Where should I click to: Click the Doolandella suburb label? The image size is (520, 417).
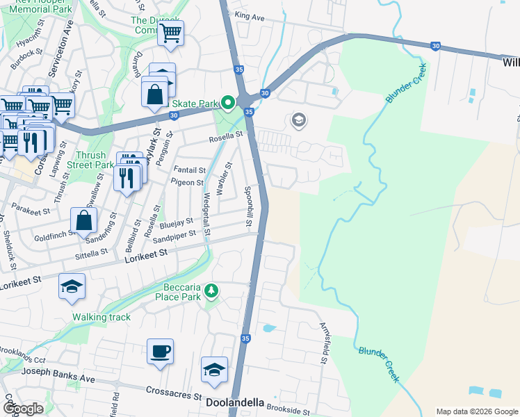[x=235, y=402]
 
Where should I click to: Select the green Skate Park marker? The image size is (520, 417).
[x=227, y=103]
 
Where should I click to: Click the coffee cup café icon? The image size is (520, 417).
[x=160, y=351]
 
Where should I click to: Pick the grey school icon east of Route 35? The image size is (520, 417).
[x=299, y=121]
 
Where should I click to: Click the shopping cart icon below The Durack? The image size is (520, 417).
[x=170, y=33]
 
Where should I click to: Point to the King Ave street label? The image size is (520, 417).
[x=252, y=15]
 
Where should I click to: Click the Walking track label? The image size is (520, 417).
[x=101, y=317]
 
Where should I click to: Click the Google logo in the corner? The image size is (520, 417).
[x=23, y=409]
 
